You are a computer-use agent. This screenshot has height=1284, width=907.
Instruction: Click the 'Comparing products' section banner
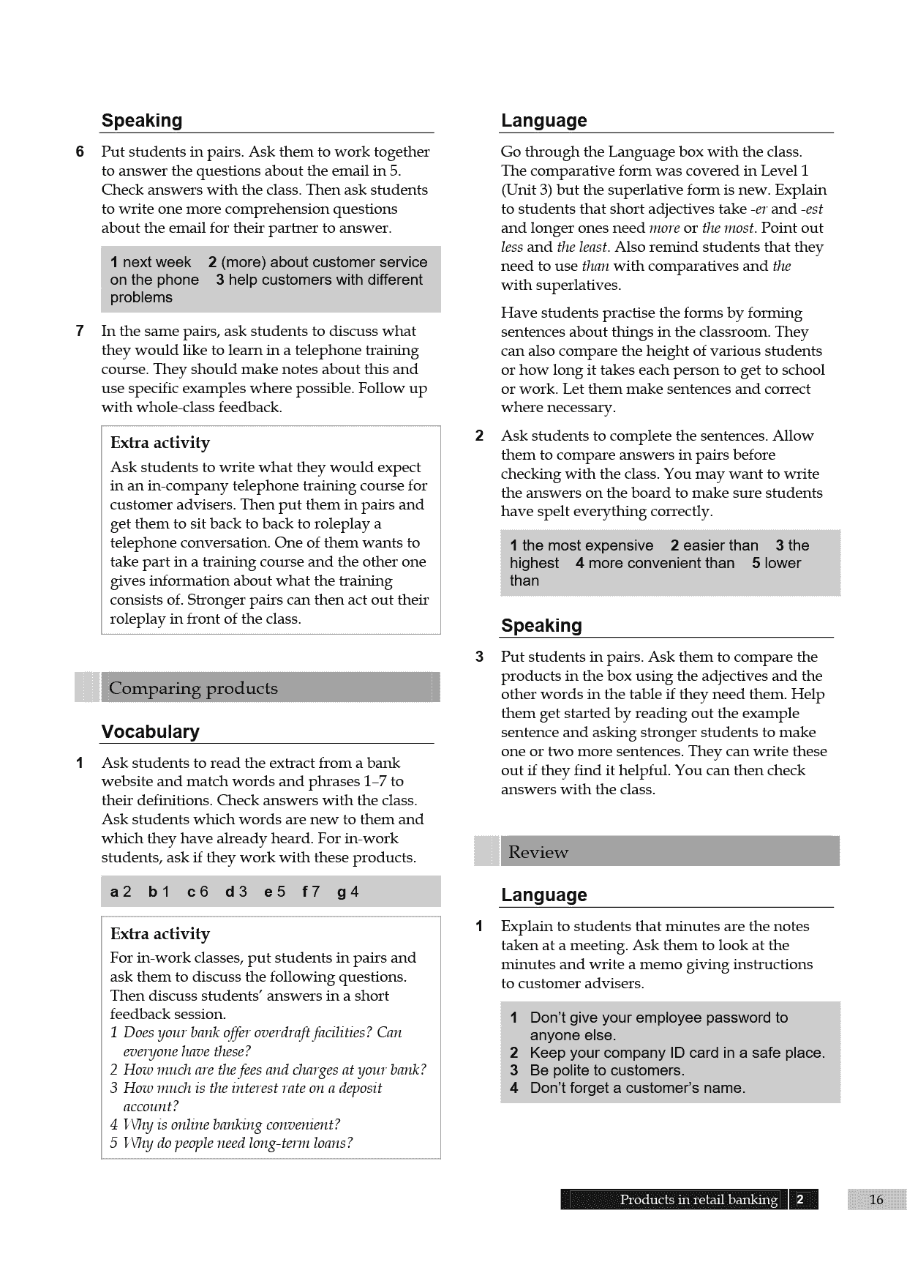193,688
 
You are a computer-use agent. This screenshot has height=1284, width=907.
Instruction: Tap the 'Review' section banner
538,852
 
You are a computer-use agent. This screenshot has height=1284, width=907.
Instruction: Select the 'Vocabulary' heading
150,731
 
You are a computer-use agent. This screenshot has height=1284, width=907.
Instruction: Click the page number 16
876,1200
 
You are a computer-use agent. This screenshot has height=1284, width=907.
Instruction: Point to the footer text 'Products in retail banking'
699,1200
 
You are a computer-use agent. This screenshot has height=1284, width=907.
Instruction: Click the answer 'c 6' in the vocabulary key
197,892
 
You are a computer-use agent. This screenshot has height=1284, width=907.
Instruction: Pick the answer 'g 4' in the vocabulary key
347,892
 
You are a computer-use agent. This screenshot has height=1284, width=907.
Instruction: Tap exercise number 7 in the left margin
80,331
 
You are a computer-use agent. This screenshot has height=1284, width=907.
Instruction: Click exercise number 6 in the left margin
80,152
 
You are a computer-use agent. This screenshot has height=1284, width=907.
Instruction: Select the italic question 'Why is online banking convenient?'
232,1124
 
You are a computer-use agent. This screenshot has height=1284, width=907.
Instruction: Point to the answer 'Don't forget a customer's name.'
637,1088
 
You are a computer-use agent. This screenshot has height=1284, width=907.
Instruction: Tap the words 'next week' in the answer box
157,262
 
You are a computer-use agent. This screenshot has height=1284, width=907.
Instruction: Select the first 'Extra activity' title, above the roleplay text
159,443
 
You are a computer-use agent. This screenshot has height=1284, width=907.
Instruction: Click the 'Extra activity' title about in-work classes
159,934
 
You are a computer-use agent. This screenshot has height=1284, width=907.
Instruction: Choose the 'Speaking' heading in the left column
142,121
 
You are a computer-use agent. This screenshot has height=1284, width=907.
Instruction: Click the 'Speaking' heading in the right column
541,626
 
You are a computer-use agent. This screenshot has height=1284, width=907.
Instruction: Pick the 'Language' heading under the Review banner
543,895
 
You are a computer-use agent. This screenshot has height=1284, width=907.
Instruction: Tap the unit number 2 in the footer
799,1200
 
